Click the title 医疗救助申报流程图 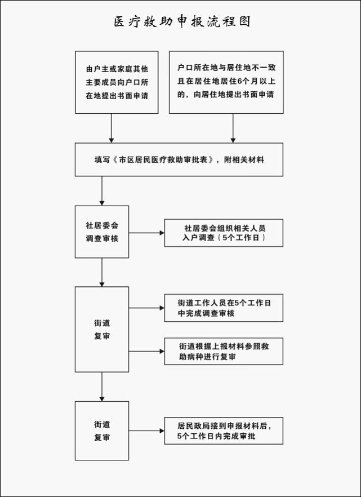(x=182, y=21)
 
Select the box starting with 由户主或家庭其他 (x=117, y=82)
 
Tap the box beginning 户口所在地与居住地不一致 (x=226, y=82)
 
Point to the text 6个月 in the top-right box (x=247, y=81)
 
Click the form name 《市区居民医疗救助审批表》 (x=162, y=160)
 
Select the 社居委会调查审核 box (x=101, y=232)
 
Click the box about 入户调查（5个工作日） (x=224, y=233)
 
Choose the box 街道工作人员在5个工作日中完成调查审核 (x=224, y=308)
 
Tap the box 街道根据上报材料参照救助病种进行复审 (x=224, y=351)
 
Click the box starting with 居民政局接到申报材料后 (x=224, y=431)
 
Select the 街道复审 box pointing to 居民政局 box (x=101, y=431)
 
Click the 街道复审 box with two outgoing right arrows (x=101, y=329)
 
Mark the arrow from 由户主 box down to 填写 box (x=111, y=128)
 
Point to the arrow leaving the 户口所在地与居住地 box (x=233, y=128)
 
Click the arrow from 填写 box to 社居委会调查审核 (x=101, y=191)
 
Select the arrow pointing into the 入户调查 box (x=146, y=233)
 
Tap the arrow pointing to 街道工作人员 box (x=146, y=308)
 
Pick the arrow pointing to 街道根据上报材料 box (x=146, y=351)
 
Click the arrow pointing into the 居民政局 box (x=146, y=431)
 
